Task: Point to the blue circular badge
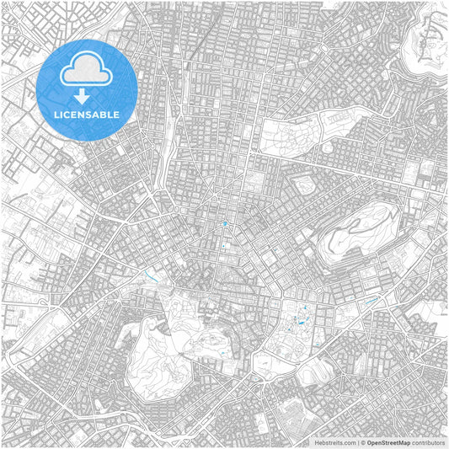(87, 89)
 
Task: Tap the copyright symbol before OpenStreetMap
(363, 441)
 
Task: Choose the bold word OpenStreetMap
(388, 441)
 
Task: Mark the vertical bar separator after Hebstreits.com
(358, 441)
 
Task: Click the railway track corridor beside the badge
(174, 126)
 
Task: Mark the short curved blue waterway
(152, 275)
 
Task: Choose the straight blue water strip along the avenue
(371, 301)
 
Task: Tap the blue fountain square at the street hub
(225, 223)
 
